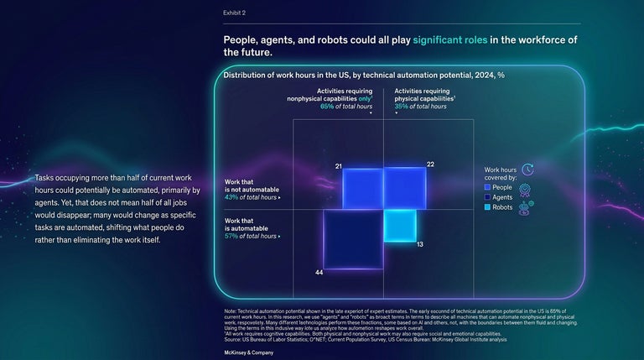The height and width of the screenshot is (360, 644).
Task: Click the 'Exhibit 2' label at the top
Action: (x=235, y=13)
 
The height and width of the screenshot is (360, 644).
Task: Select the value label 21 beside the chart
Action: (x=338, y=167)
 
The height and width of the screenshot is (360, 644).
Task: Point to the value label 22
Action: (x=430, y=164)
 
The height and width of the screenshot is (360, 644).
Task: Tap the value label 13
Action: (x=420, y=243)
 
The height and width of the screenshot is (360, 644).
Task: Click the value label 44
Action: (x=319, y=274)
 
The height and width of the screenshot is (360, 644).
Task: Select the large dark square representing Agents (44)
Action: (x=353, y=239)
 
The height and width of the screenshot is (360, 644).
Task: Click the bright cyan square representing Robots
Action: (x=400, y=225)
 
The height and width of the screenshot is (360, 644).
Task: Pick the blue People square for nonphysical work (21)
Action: (x=362, y=188)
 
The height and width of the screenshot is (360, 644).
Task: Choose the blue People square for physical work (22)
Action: (x=404, y=187)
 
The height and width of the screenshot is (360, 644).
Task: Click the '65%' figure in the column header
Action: (x=327, y=107)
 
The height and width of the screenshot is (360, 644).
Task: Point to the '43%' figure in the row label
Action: (x=232, y=197)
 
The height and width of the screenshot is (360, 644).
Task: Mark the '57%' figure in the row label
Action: (x=232, y=237)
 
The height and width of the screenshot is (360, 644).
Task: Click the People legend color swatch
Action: (x=488, y=187)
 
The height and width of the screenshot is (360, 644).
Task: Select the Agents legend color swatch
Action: (x=488, y=197)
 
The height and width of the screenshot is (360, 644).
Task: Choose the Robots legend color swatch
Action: (x=488, y=207)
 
